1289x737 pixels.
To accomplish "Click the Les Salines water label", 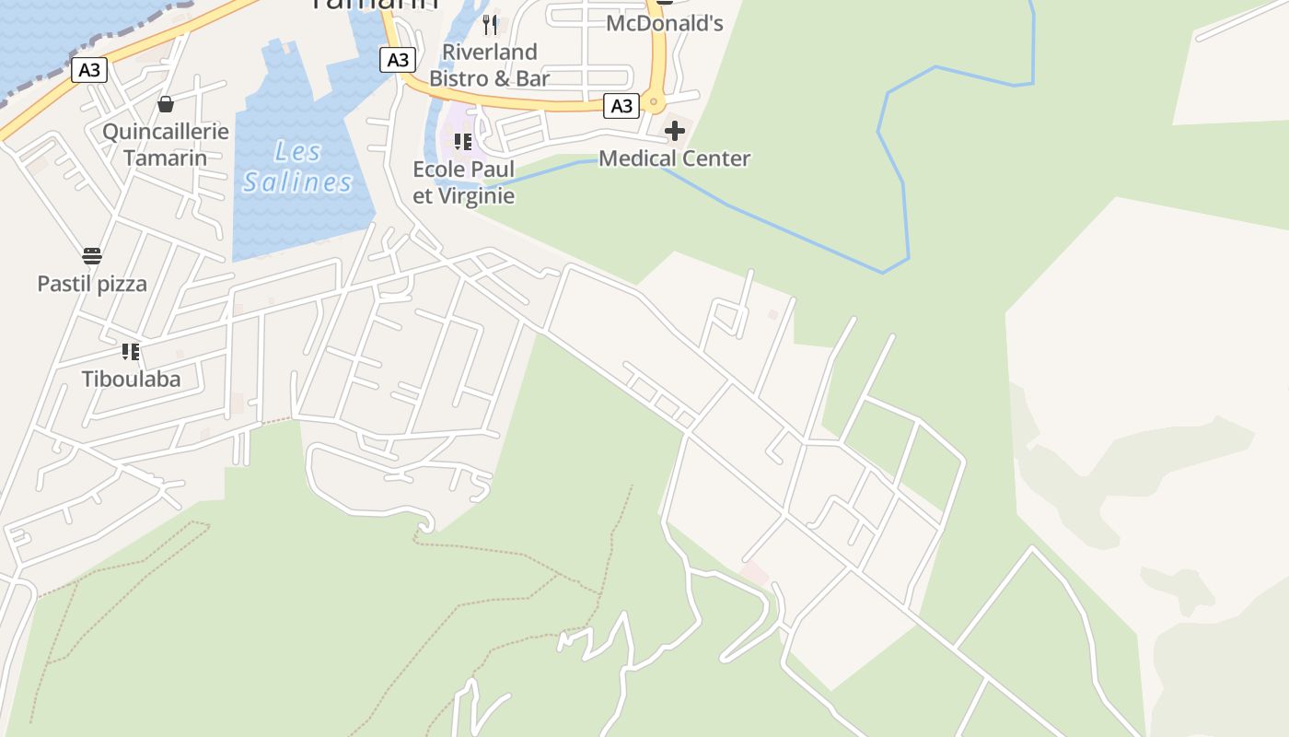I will pyautogui.click(x=297, y=167).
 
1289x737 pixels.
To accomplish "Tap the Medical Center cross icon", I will pyautogui.click(x=675, y=131).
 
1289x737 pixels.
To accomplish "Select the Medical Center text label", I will pyautogui.click(x=674, y=158).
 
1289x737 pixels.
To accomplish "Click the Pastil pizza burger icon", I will pyautogui.click(x=92, y=256).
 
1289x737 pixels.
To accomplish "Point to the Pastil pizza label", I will pyautogui.click(x=92, y=284).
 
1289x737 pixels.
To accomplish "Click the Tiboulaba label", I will pyautogui.click(x=131, y=379).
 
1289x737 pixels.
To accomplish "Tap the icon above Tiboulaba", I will pyautogui.click(x=131, y=351).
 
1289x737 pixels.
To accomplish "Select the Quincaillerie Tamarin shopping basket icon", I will pyautogui.click(x=166, y=104).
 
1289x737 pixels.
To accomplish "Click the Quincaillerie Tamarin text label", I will pyautogui.click(x=166, y=144).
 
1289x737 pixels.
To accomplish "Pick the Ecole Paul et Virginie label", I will pyautogui.click(x=463, y=182).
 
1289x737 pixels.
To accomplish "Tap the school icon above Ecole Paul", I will pyautogui.click(x=462, y=141).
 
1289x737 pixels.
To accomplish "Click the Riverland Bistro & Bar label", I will pyautogui.click(x=490, y=64).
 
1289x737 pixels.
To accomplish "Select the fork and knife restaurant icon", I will pyautogui.click(x=490, y=24).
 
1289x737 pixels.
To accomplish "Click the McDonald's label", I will pyautogui.click(x=664, y=23).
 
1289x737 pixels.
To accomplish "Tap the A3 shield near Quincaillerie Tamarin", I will pyautogui.click(x=89, y=70).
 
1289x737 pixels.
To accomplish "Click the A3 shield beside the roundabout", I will pyautogui.click(x=622, y=106).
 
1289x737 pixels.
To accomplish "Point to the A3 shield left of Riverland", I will pyautogui.click(x=397, y=60).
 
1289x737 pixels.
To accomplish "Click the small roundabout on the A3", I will pyautogui.click(x=654, y=100).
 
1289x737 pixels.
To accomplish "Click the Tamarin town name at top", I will pyautogui.click(x=374, y=5).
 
